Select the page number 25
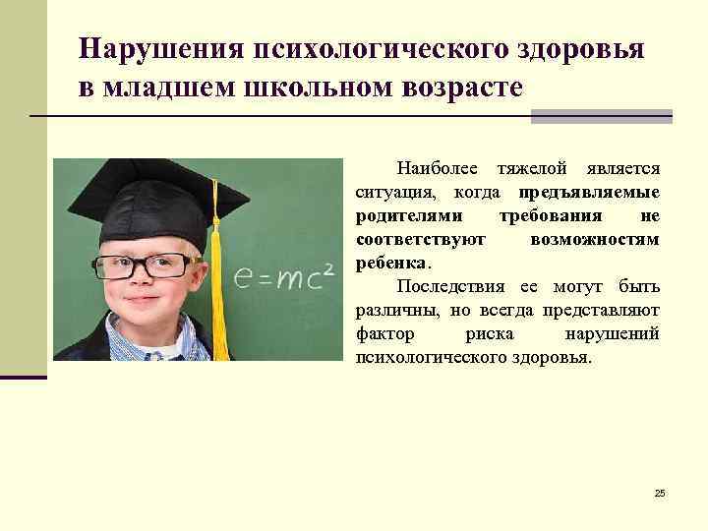[x=659, y=492]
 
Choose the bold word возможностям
[x=594, y=240]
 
